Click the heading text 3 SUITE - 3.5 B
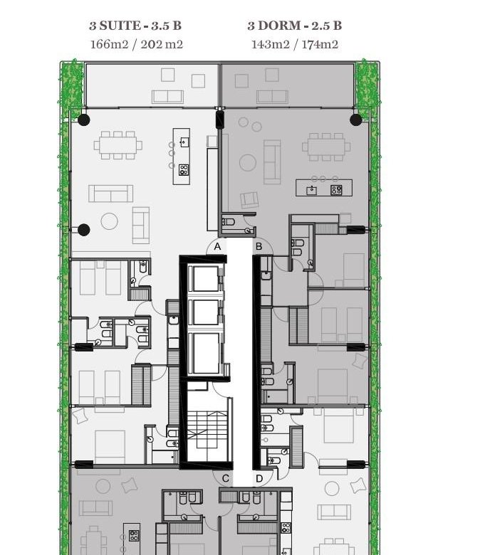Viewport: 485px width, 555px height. tap(135, 26)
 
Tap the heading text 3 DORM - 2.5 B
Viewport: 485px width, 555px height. tap(294, 26)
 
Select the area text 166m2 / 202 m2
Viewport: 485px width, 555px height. tap(137, 44)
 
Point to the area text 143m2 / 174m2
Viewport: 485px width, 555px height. tap(294, 44)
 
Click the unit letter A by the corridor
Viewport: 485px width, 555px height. tap(217, 247)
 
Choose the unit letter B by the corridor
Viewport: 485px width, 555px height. tap(259, 246)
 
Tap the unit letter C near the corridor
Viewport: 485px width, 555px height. tap(225, 479)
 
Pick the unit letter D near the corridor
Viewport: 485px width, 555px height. tap(259, 479)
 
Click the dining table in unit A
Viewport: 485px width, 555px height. tap(118, 145)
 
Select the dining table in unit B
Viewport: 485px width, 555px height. tap(326, 147)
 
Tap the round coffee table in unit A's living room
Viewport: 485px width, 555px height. tap(109, 221)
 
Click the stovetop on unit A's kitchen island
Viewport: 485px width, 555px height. tap(184, 170)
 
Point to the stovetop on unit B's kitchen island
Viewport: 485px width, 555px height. tap(336, 190)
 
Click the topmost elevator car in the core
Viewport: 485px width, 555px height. tap(205, 278)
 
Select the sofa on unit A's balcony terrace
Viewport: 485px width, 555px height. tap(167, 97)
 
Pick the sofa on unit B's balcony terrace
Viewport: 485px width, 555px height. tap(272, 97)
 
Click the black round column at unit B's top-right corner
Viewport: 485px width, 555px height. tap(355, 120)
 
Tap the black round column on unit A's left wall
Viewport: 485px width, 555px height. tap(83, 230)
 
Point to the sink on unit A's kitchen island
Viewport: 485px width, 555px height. tap(184, 142)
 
